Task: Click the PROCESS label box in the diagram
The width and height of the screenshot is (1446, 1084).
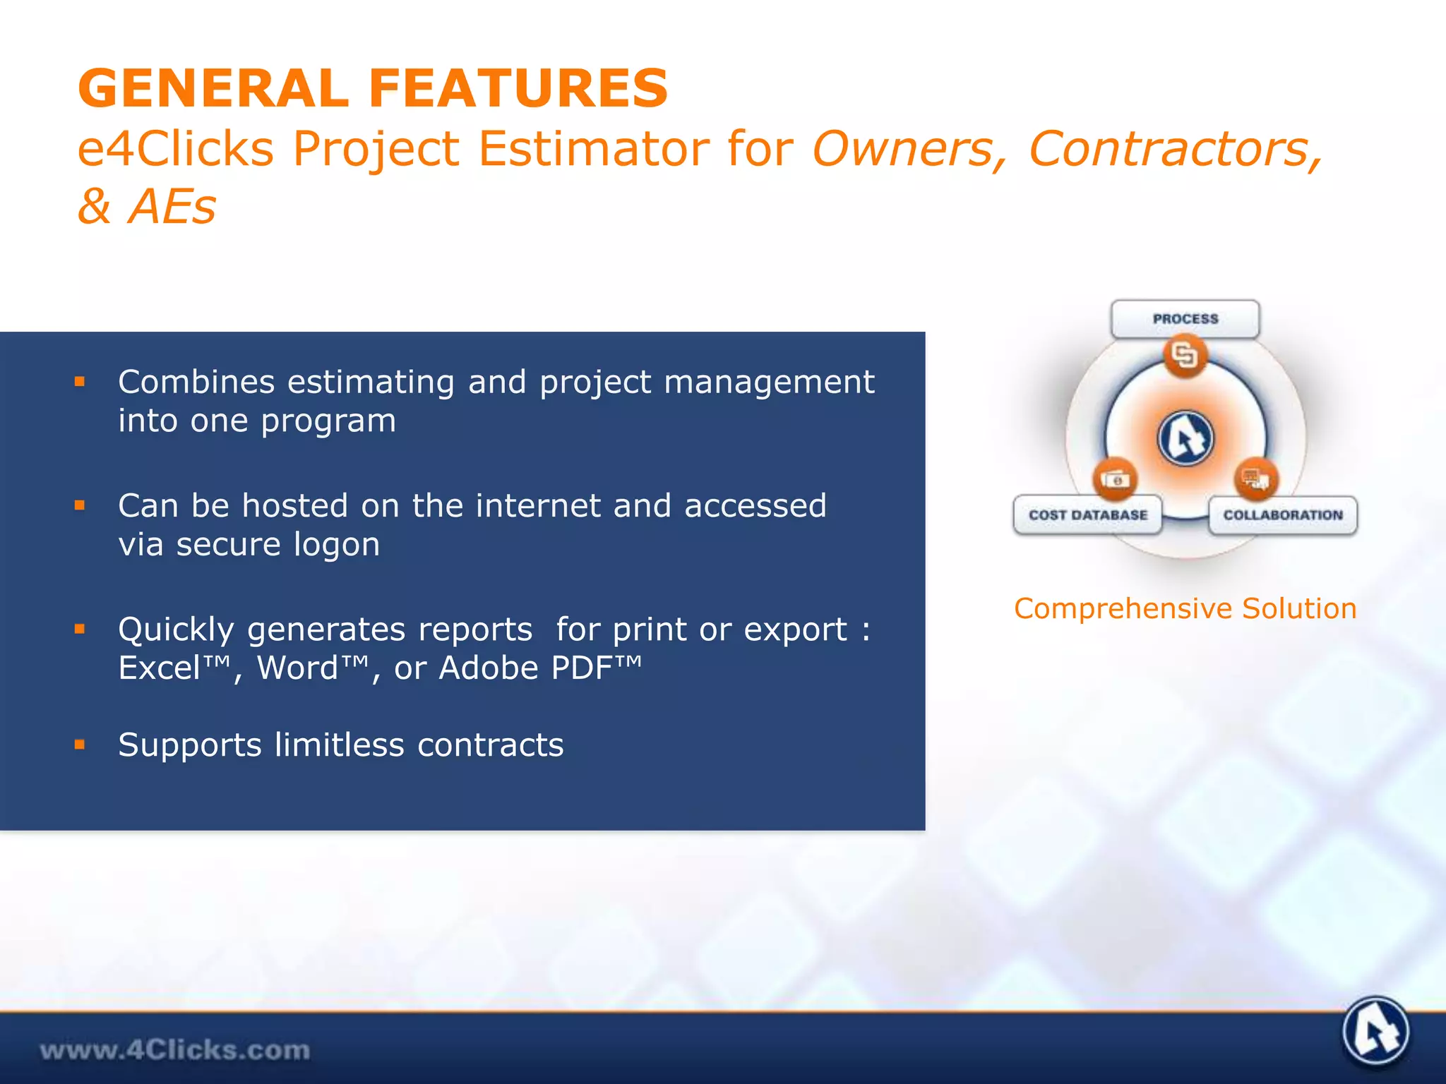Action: pyautogui.click(x=1185, y=319)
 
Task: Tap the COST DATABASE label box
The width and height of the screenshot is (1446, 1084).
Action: pyautogui.click(x=1087, y=515)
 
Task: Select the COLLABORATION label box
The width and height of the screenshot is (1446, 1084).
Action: pyautogui.click(x=1282, y=515)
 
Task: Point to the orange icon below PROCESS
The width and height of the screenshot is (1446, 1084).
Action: pyautogui.click(x=1185, y=355)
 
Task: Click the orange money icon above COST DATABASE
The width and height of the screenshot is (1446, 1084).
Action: pyautogui.click(x=1116, y=480)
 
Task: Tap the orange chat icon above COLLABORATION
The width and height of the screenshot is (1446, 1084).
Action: pyautogui.click(x=1255, y=480)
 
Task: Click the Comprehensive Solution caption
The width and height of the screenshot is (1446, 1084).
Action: pyautogui.click(x=1185, y=608)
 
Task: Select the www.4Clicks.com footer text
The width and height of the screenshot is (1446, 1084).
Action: pyautogui.click(x=174, y=1050)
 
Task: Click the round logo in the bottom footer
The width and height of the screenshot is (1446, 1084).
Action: pyautogui.click(x=1375, y=1032)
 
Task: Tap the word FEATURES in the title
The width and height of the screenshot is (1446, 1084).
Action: pyautogui.click(x=518, y=88)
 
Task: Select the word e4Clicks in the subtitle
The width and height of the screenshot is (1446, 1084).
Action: pyautogui.click(x=175, y=149)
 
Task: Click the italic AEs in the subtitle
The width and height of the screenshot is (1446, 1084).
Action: pyautogui.click(x=172, y=207)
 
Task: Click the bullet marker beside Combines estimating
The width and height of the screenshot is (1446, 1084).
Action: pyautogui.click(x=80, y=382)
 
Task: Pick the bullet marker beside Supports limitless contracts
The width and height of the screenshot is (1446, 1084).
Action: pyautogui.click(x=80, y=745)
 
